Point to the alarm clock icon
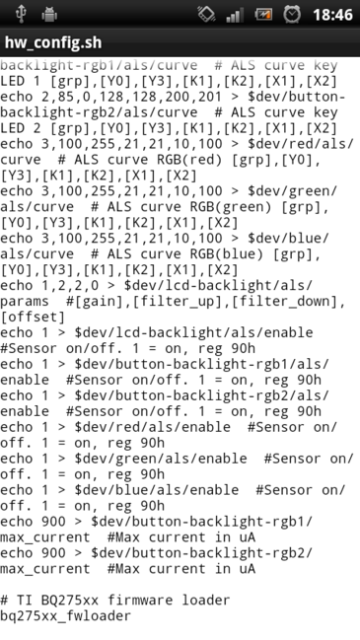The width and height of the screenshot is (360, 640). (293, 15)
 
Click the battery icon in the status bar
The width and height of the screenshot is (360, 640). (263, 15)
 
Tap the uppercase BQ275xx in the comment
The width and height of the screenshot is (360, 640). (55, 600)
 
